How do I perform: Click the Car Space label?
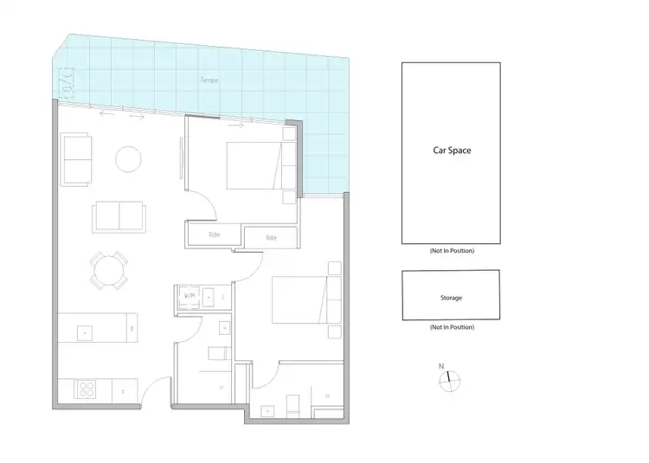click(451, 150)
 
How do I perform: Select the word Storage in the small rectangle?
click(451, 298)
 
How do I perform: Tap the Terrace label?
click(209, 80)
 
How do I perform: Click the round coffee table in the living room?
click(129, 158)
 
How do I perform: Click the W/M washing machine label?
click(189, 297)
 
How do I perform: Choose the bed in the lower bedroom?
click(299, 299)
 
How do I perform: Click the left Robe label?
click(214, 235)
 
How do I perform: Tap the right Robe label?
click(271, 237)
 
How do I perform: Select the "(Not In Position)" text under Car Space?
click(451, 250)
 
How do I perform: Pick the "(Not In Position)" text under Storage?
click(451, 327)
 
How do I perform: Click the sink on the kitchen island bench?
click(85, 330)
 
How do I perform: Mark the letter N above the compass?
click(441, 367)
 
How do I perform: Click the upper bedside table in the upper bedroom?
click(288, 134)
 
